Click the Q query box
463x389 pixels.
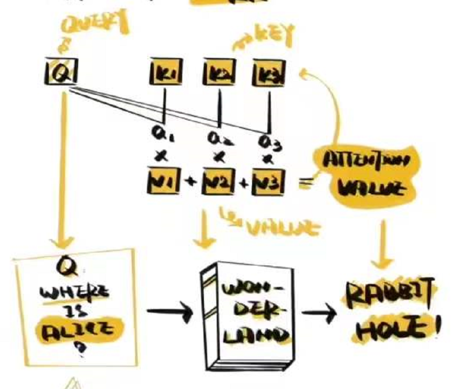[60, 74]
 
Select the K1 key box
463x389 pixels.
[165, 75]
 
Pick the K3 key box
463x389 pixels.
[268, 75]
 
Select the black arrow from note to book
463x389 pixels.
[169, 312]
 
